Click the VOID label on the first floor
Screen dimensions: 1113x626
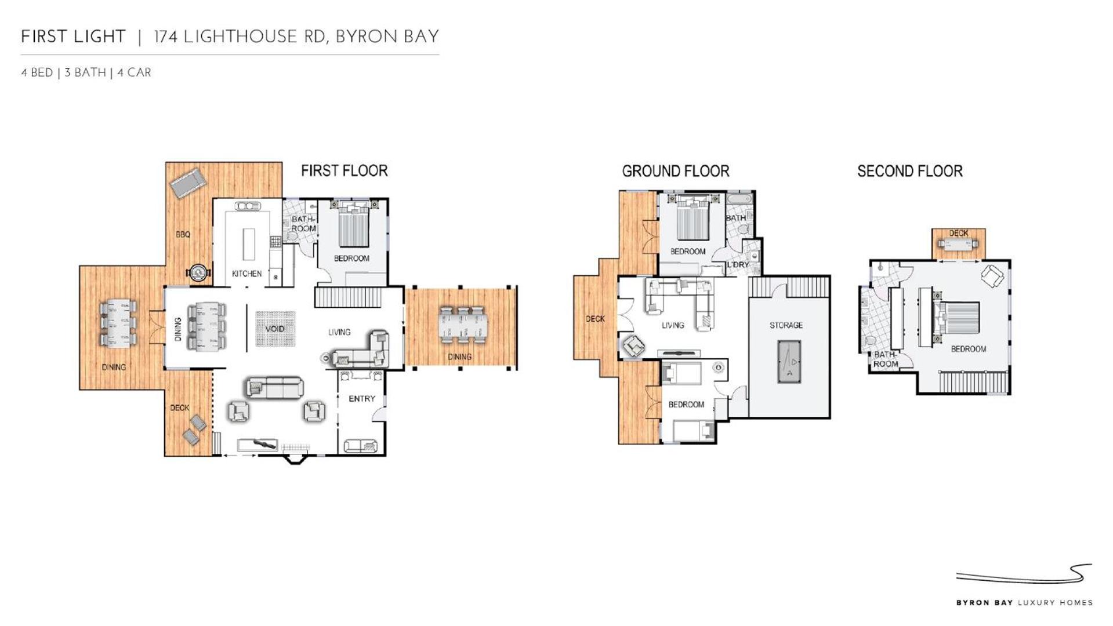pos(275,329)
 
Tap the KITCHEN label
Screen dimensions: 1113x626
pos(247,274)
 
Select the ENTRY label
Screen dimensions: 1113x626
pos(362,399)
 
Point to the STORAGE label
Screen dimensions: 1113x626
pos(786,325)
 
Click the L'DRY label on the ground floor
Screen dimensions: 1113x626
pos(738,264)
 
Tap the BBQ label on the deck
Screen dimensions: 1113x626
pos(183,234)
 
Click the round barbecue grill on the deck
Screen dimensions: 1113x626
pos(198,272)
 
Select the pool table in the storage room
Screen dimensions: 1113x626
pos(789,361)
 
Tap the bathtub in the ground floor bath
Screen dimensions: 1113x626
pos(739,199)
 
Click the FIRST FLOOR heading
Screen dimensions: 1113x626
pos(345,170)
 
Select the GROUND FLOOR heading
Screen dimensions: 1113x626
pos(676,171)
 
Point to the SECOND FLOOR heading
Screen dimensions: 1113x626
pos(910,171)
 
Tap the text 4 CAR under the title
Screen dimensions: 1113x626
pos(134,72)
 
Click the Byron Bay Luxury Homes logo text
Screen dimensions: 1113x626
pos(1024,603)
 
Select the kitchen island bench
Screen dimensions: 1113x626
pos(249,244)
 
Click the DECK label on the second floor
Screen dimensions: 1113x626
pos(959,233)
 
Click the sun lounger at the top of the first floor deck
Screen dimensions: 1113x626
pos(188,183)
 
